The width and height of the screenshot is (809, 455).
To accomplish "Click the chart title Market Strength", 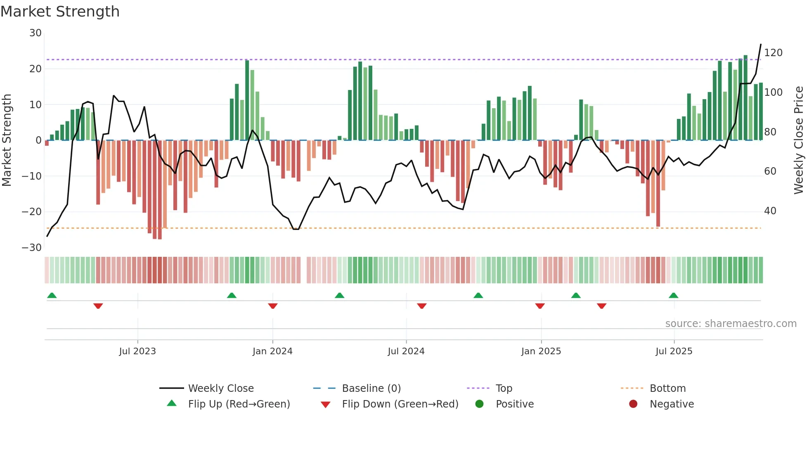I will pos(60,12).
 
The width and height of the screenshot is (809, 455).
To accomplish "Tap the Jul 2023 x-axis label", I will pos(137,351).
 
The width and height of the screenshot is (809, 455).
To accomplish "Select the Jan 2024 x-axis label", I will pos(272,351).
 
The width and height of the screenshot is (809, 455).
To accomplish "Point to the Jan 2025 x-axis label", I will pos(541,351).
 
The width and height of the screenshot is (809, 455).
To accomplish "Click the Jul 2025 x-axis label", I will pos(674,351).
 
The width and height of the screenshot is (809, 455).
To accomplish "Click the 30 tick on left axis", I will pos(35,33).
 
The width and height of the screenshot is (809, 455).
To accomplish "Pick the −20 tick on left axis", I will pos(32,212).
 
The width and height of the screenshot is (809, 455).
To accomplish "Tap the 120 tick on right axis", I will pos(773,53).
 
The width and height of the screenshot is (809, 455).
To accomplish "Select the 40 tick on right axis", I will pos(770,211).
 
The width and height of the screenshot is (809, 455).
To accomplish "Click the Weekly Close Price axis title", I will pos(799,140).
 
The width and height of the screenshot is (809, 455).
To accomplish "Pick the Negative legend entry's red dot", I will pos(633,404).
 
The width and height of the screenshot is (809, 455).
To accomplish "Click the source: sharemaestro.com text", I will pos(731,324).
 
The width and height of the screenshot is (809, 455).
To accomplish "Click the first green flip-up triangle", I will pos(52,295).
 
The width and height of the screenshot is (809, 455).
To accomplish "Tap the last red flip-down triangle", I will pos(601,306).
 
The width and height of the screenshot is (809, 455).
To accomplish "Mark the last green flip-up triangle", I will pos(673,295).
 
